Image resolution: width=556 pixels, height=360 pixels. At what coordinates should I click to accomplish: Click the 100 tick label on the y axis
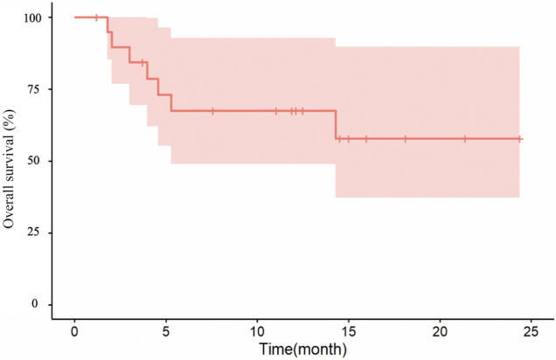point(33,17)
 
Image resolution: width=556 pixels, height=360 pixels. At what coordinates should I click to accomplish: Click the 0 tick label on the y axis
point(35,304)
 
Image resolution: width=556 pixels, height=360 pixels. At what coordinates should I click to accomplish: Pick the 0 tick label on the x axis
point(74,332)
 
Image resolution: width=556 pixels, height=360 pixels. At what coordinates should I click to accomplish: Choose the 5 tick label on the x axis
point(166,332)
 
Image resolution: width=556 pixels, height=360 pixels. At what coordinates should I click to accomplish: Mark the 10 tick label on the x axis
point(257,332)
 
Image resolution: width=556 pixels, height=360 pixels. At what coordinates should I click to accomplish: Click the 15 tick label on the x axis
point(349,332)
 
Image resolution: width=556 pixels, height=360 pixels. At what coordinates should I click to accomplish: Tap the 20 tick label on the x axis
point(440,332)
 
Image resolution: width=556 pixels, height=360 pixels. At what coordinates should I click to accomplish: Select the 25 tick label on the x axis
point(532,332)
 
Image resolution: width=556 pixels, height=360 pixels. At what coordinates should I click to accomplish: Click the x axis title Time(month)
point(303,350)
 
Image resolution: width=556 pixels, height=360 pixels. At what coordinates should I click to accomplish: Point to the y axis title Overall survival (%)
point(9,169)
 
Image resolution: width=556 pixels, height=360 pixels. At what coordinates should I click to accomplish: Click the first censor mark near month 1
point(96,17)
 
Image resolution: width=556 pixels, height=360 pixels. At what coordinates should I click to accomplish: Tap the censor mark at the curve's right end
point(519,139)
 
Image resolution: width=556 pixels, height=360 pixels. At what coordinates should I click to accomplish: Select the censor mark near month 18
point(406,139)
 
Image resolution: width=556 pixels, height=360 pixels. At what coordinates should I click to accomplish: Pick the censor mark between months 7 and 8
point(212,111)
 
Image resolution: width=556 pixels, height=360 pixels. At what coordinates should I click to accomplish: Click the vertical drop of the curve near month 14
point(336,125)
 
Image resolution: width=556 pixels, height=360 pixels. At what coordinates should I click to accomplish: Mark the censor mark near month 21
point(465,139)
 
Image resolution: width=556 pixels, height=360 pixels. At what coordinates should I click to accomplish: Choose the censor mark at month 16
point(366,139)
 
